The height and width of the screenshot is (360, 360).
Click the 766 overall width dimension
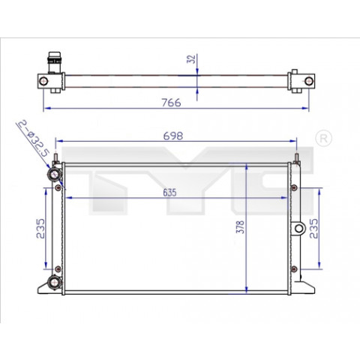[x=171, y=103]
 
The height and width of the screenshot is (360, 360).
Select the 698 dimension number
[x=173, y=136]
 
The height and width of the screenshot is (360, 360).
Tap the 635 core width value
[x=169, y=193]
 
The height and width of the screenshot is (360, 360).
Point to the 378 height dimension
[x=241, y=227]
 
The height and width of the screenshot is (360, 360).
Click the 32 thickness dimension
[x=191, y=58]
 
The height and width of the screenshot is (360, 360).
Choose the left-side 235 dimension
[x=40, y=229]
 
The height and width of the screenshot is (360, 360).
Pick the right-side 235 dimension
[x=313, y=229]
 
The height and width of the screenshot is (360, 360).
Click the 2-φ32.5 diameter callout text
[x=32, y=138]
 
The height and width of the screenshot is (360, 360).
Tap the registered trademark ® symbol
[x=324, y=138]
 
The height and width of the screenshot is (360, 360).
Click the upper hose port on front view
[x=54, y=174]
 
